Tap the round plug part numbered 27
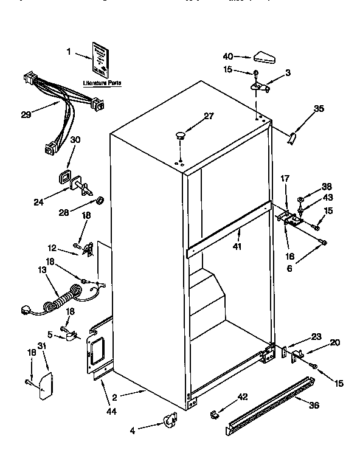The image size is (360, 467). click(x=180, y=135)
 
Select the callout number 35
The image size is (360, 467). click(x=319, y=109)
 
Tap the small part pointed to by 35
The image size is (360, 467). click(x=292, y=139)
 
